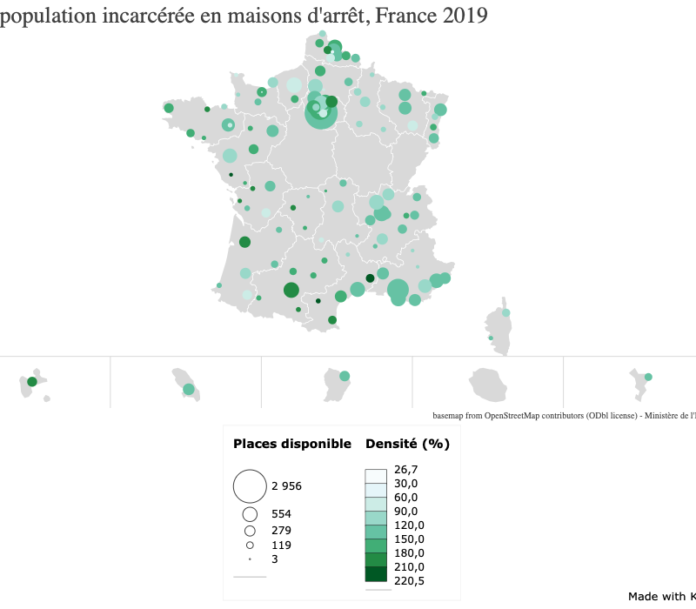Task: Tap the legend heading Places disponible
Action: pyautogui.click(x=291, y=444)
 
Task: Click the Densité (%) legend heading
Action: pyautogui.click(x=407, y=444)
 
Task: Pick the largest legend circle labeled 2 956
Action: pyautogui.click(x=250, y=485)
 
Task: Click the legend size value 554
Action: pyautogui.click(x=281, y=514)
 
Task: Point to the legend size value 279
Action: pyautogui.click(x=281, y=530)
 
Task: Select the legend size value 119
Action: pyautogui.click(x=281, y=545)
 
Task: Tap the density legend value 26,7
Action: pyautogui.click(x=406, y=470)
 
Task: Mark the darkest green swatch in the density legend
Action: pyautogui.click(x=376, y=574)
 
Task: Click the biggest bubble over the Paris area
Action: pyautogui.click(x=321, y=114)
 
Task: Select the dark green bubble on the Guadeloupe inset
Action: pyautogui.click(x=32, y=382)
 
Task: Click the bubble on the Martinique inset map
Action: pyautogui.click(x=189, y=389)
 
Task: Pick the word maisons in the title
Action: pyautogui.click(x=214, y=16)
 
